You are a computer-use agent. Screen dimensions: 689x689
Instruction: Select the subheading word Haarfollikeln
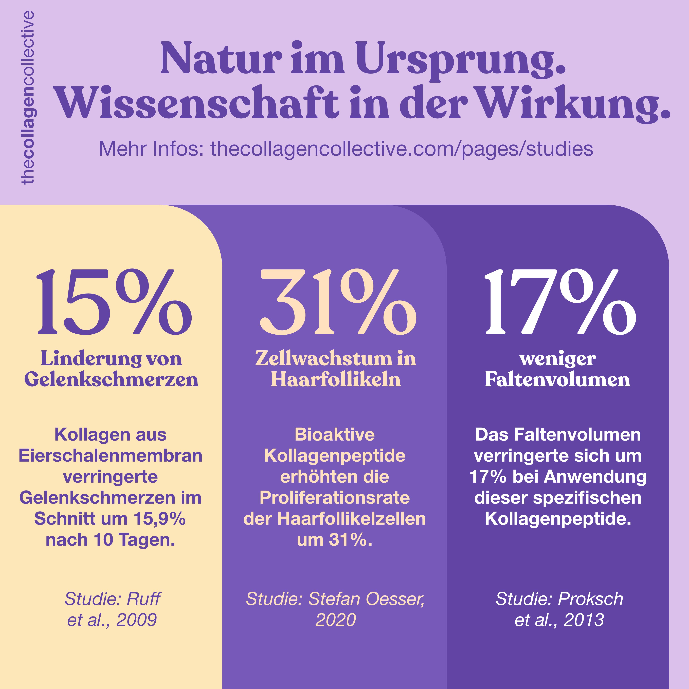click(x=336, y=379)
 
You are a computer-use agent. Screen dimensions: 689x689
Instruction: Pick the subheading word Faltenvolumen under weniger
click(x=557, y=379)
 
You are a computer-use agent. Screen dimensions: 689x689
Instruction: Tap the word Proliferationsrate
click(x=335, y=498)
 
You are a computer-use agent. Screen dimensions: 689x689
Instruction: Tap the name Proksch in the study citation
click(x=591, y=599)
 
